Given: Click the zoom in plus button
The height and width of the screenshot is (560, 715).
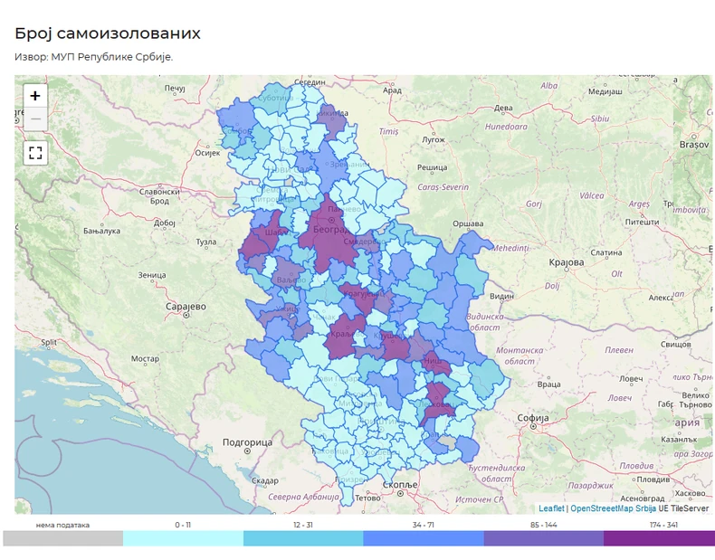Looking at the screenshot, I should coord(35,96).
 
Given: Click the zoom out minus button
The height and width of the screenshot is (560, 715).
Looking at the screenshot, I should coord(35,119).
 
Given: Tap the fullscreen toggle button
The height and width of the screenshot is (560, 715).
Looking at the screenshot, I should coord(35,152).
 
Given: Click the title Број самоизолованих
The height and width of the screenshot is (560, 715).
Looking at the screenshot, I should coord(108,33).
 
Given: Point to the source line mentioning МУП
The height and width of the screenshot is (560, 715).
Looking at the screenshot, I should coord(93,57).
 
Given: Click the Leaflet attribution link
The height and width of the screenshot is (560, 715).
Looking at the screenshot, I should coord(551,508).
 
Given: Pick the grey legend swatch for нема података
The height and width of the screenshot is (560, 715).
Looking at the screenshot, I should coord(62,538).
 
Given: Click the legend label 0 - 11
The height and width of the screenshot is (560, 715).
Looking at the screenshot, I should coord(183,525).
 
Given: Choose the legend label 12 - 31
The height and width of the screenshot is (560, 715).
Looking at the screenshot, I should coord(303,525).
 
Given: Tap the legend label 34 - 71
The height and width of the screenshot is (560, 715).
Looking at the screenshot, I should coord(423,525).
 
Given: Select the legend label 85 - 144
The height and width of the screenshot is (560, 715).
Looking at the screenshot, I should coord(543,525).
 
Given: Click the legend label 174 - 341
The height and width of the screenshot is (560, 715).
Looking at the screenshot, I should coord(663,525).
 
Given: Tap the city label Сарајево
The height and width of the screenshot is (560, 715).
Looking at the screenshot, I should coord(186,307).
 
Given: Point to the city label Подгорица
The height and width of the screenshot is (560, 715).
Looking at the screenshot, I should coord(246,442).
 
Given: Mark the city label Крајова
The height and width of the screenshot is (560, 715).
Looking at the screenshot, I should coord(567,262).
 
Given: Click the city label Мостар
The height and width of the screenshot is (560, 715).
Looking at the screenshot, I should coord(145,358).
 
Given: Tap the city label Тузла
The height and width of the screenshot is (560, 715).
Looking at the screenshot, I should coord(206,242).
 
